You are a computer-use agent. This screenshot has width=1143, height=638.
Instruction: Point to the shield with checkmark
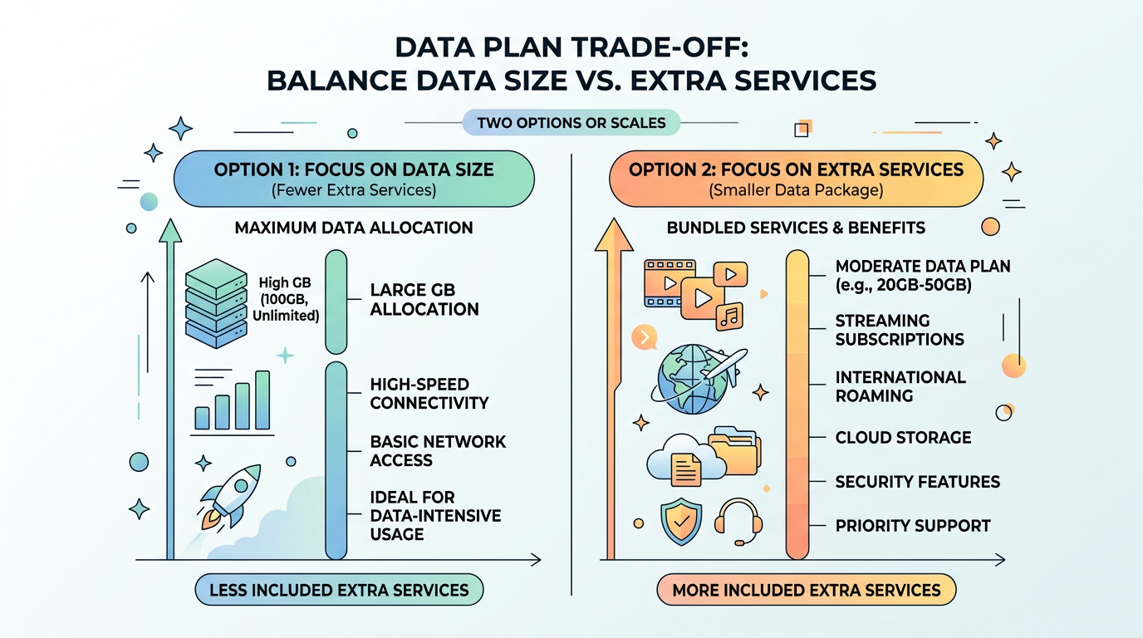(x=680, y=521)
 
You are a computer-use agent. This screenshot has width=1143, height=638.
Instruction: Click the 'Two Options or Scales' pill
(x=571, y=123)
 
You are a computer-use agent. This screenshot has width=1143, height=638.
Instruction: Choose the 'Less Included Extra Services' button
(x=339, y=591)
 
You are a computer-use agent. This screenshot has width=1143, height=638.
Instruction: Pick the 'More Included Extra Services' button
(x=807, y=591)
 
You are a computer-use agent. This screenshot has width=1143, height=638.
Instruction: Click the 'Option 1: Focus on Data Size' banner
(x=354, y=178)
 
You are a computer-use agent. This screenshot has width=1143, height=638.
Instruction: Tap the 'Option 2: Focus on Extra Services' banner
(x=796, y=178)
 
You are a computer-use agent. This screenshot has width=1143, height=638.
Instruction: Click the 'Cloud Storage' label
(x=903, y=438)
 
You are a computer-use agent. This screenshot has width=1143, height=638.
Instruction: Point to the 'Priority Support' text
(x=913, y=526)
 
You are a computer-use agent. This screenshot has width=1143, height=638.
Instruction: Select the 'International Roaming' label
(x=900, y=386)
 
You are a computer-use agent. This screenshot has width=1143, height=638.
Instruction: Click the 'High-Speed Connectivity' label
(x=429, y=394)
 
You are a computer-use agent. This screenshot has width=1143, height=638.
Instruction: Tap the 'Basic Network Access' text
(x=438, y=451)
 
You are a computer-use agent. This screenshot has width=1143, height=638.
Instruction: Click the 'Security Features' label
(x=917, y=482)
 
